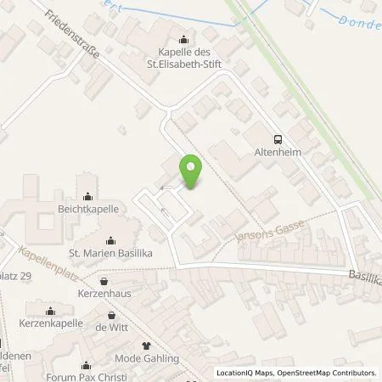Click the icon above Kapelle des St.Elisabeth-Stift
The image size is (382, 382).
pyautogui.click(x=184, y=39)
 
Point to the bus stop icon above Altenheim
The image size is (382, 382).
pyautogui.click(x=278, y=140)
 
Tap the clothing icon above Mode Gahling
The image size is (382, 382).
pyautogui.click(x=145, y=345)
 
